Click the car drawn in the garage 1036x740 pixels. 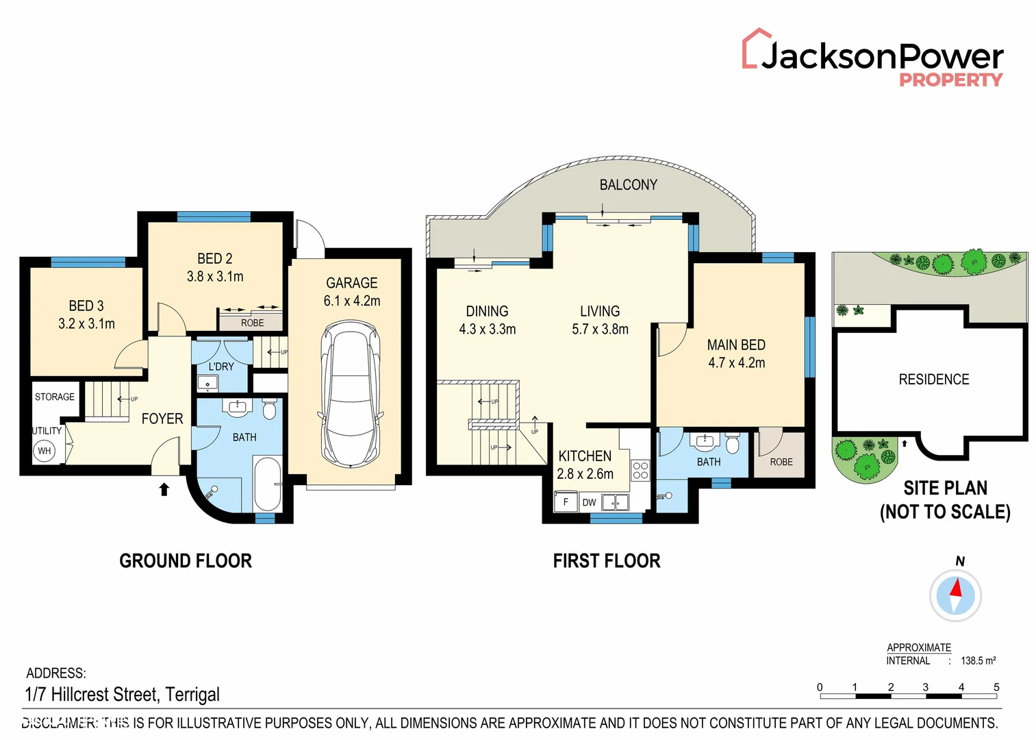pyautogui.click(x=350, y=395)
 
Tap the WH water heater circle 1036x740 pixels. pyautogui.click(x=45, y=451)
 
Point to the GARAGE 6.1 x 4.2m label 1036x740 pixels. pyautogui.click(x=352, y=291)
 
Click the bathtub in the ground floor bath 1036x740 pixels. pyautogui.click(x=267, y=484)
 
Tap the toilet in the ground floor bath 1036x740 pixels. pyautogui.click(x=269, y=410)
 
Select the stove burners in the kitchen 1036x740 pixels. pyautogui.click(x=640, y=470)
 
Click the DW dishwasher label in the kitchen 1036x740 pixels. pyautogui.click(x=589, y=502)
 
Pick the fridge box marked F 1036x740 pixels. pyautogui.click(x=566, y=502)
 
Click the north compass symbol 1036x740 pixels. pyautogui.click(x=955, y=595)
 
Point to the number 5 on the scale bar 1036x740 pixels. pyautogui.click(x=996, y=687)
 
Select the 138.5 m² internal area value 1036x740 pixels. pyautogui.click(x=978, y=661)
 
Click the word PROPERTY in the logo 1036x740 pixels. pyautogui.click(x=950, y=80)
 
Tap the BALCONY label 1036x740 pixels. pyautogui.click(x=628, y=185)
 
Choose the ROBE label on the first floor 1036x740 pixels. pyautogui.click(x=781, y=462)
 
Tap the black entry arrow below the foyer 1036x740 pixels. pyautogui.click(x=164, y=489)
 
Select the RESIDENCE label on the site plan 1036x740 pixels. pyautogui.click(x=933, y=380)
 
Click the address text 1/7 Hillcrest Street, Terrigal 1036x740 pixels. pyautogui.click(x=123, y=695)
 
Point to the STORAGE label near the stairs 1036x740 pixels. pyautogui.click(x=55, y=397)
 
